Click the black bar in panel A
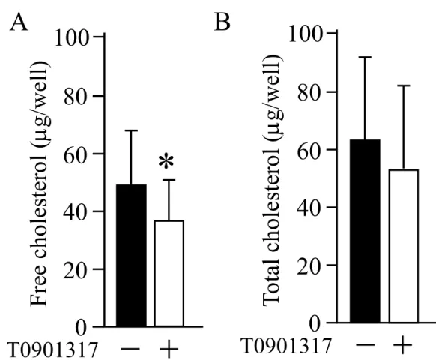click(131, 255)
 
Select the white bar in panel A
click(169, 273)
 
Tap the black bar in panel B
click(365, 231)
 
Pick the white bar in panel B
click(404, 246)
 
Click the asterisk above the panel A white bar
click(166, 162)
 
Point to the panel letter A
click(19, 23)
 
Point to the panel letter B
click(222, 22)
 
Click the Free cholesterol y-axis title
click(40, 184)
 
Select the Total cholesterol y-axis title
click(273, 181)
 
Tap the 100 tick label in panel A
click(71, 37)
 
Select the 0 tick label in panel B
click(315, 323)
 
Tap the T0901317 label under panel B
click(287, 346)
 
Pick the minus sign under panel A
click(130, 349)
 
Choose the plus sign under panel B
click(402, 345)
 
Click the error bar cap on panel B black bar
click(365, 57)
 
